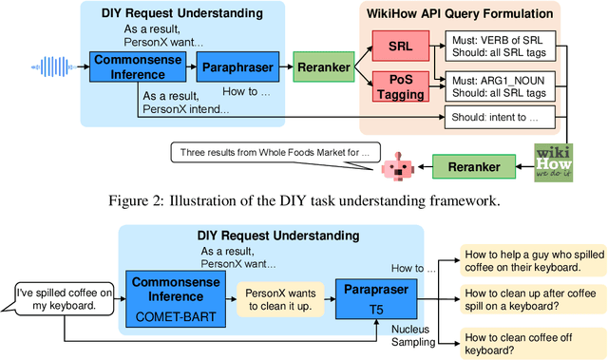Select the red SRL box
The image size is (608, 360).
click(x=399, y=47)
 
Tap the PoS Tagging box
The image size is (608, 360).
click(x=399, y=85)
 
